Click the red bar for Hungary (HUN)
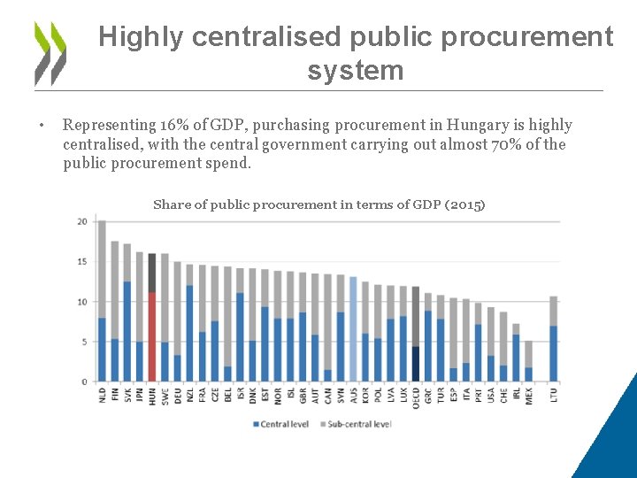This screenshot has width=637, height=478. click(x=152, y=336)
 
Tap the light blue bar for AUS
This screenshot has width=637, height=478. click(x=353, y=329)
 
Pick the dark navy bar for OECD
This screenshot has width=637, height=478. click(x=416, y=363)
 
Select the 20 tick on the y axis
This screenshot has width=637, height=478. click(x=82, y=221)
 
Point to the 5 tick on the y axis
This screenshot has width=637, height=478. click(x=84, y=342)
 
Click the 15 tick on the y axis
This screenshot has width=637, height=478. click(x=82, y=261)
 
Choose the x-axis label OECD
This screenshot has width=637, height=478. click(x=416, y=397)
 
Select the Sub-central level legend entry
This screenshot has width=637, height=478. click(x=357, y=425)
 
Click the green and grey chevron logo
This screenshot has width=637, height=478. click(x=50, y=52)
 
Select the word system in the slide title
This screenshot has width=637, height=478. click(x=355, y=70)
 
